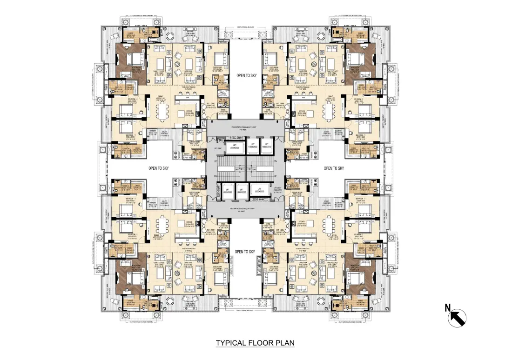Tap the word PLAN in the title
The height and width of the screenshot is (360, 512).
[284, 343]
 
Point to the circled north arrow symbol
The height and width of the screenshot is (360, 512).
[457, 319]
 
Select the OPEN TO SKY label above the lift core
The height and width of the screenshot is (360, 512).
[246, 75]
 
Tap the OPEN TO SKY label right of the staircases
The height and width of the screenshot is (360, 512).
[333, 168]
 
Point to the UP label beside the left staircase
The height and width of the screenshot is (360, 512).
[215, 161]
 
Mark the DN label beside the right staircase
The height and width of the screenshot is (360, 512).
[276, 161]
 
